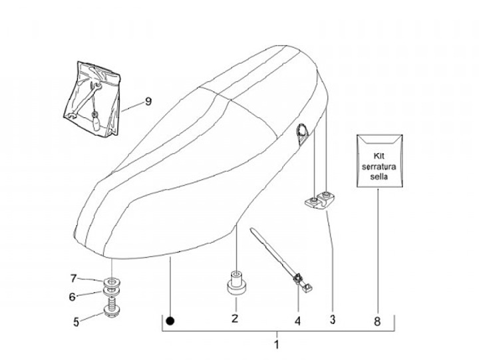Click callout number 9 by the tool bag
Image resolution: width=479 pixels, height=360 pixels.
point(148,101)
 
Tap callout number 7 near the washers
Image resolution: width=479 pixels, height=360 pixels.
point(75,277)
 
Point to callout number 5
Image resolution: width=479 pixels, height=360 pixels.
point(76,321)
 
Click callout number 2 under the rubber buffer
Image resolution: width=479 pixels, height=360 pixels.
point(235,319)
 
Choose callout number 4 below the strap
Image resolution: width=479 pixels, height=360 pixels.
point(298,321)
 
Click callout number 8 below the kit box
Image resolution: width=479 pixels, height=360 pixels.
point(377,321)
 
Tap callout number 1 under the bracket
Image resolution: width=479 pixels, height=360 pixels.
point(277,345)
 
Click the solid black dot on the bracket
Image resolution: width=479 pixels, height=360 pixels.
point(171,320)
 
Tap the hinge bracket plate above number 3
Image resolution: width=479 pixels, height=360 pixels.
point(320,201)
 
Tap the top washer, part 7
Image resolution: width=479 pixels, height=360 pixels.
point(110,278)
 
